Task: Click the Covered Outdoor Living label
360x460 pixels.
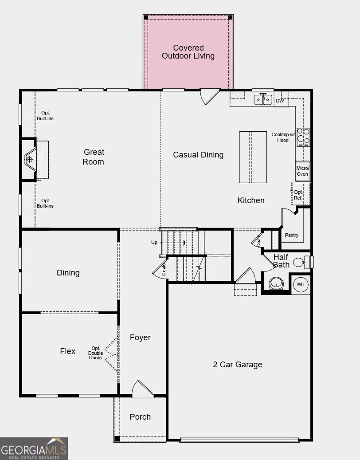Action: (188, 52)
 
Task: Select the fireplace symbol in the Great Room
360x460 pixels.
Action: (30, 159)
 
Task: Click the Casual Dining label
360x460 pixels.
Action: (198, 155)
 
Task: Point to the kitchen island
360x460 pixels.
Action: (253, 157)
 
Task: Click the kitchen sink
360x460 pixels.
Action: (262, 100)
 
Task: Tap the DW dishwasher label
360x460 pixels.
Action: (280, 101)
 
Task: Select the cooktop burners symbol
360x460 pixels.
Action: (303, 137)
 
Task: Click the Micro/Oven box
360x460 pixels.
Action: (302, 171)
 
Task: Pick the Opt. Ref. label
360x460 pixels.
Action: (298, 195)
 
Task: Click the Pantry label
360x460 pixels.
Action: (292, 235)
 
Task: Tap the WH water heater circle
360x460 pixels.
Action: (301, 284)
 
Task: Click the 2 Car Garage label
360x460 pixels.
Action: (237, 365)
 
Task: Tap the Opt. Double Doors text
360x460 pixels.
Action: (95, 353)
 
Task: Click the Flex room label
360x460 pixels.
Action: (68, 351)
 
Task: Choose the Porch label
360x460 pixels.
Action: (140, 417)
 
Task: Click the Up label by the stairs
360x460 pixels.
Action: (154, 243)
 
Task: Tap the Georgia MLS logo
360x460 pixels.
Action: (34, 448)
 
